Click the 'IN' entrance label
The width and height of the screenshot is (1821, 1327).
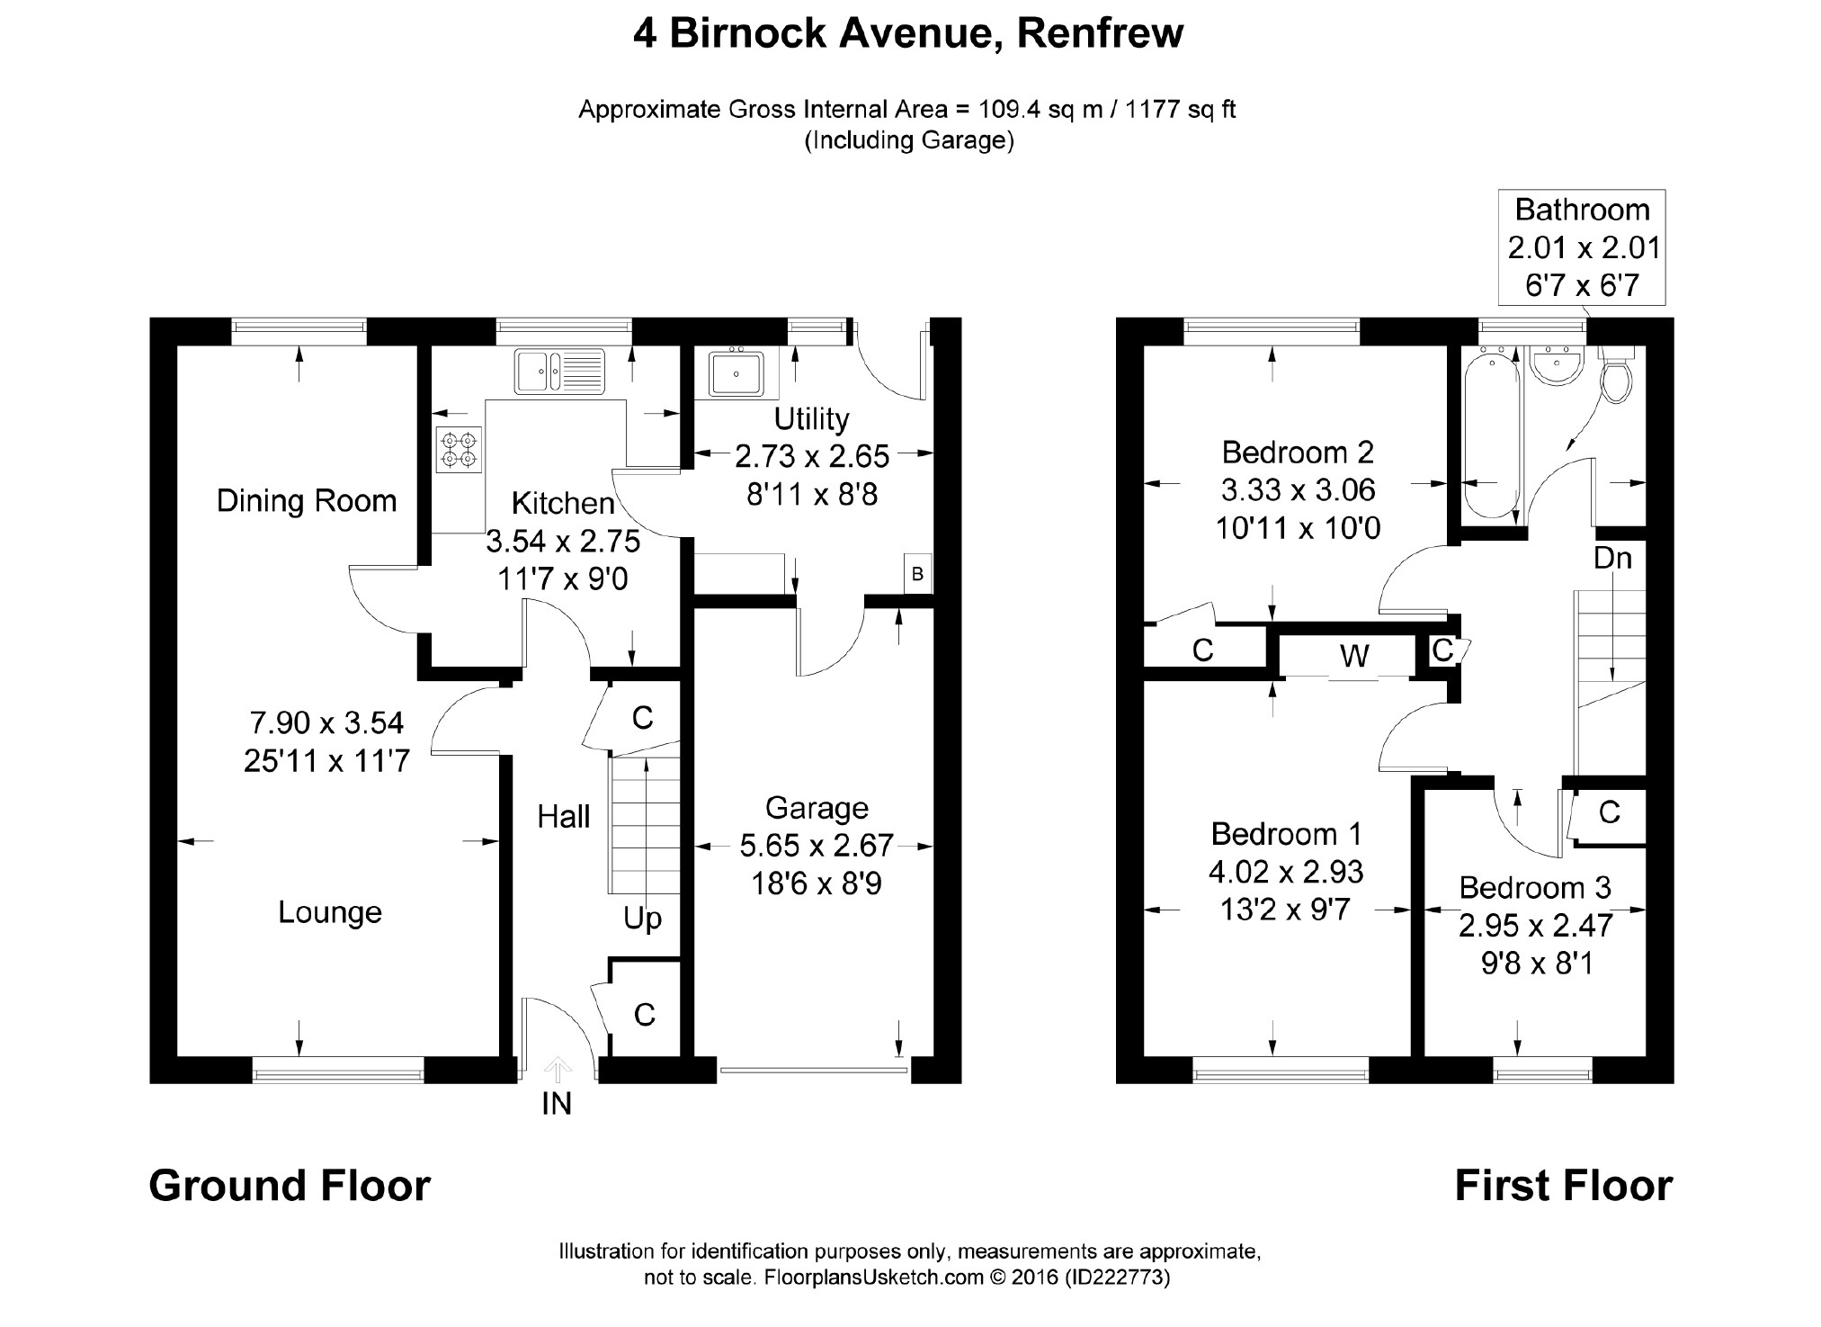tap(557, 1104)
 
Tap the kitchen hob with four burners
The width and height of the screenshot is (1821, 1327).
tap(459, 450)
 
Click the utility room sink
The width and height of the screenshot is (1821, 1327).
tap(736, 372)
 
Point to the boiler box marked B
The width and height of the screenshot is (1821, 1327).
tap(917, 574)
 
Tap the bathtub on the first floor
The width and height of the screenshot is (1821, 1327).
tap(1491, 436)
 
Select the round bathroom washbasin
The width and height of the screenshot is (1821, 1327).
tap(1557, 368)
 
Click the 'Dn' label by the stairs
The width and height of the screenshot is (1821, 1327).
tap(1612, 559)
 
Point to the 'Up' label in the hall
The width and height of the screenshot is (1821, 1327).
tap(642, 919)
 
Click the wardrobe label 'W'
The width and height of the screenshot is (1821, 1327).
tap(1354, 657)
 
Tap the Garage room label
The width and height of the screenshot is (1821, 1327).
tap(817, 809)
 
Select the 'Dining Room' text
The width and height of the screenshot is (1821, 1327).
tap(307, 501)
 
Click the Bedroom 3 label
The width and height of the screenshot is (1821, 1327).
tap(1535, 888)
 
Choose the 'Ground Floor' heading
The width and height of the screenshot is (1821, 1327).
tap(290, 1186)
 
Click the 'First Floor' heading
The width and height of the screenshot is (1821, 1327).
tap(1564, 1186)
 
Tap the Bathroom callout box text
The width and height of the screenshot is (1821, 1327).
tap(1582, 247)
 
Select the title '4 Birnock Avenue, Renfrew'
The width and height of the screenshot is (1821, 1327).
tap(908, 34)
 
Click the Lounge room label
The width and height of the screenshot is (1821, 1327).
tap(330, 912)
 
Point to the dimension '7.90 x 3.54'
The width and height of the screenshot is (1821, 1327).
tap(326, 722)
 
